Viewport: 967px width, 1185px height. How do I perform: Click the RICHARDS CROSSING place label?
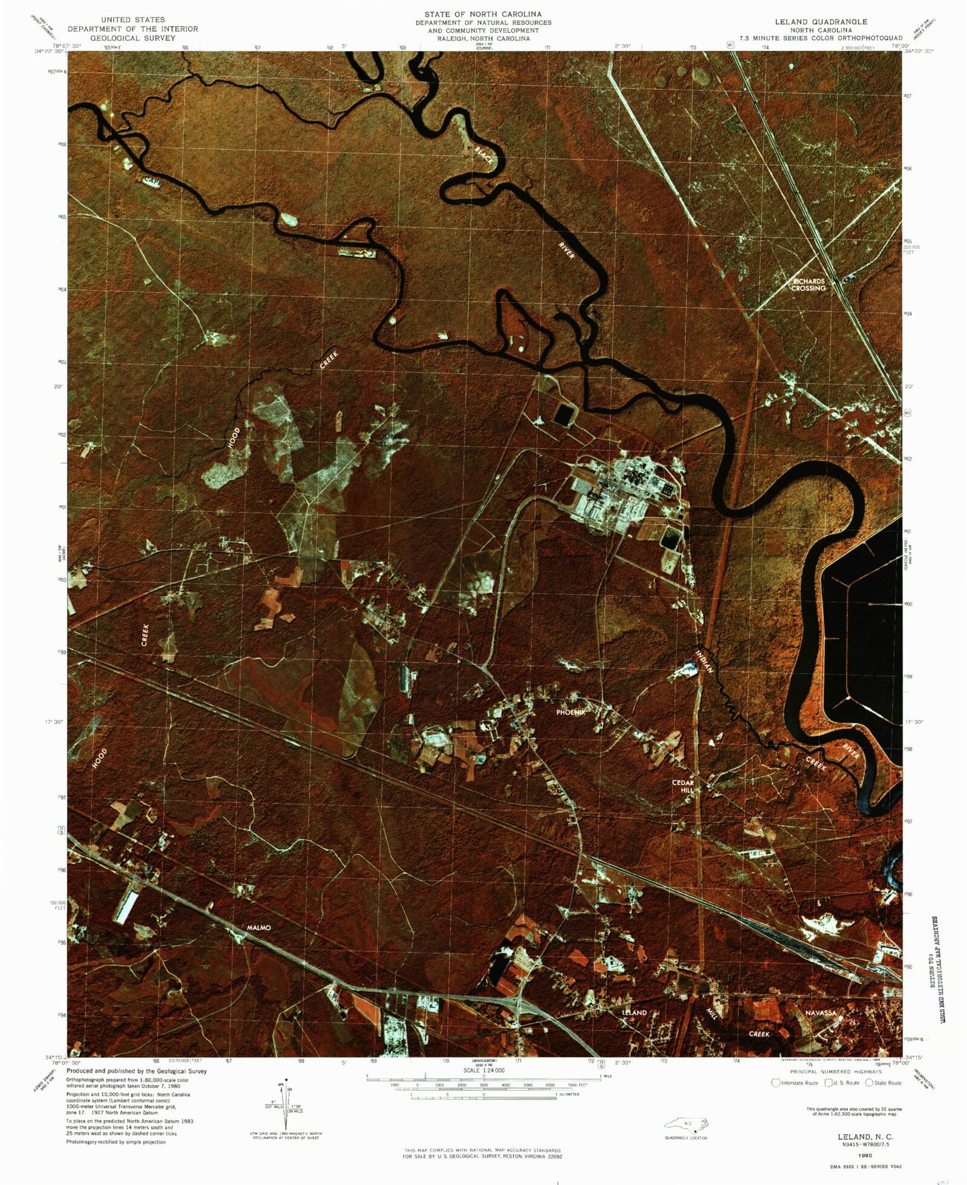(x=808, y=284)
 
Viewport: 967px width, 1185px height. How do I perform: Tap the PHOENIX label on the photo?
(x=571, y=712)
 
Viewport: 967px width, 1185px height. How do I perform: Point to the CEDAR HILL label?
(x=683, y=786)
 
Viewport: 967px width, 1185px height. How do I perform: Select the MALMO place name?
(x=259, y=927)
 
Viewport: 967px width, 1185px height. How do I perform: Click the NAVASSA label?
(x=820, y=1012)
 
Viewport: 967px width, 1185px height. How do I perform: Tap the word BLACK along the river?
(x=485, y=155)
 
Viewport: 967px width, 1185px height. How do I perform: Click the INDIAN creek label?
(x=704, y=660)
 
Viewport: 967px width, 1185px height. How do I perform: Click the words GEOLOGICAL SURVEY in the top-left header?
(x=133, y=38)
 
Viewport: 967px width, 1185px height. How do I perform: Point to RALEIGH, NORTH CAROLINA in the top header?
(x=483, y=39)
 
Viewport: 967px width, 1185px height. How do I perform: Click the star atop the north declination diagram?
(x=286, y=1079)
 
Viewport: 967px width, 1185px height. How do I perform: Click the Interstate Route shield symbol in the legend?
(x=776, y=1083)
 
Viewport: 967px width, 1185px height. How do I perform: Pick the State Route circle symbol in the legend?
(x=869, y=1083)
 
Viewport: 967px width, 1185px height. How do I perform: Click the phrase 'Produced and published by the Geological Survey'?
(x=136, y=1071)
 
